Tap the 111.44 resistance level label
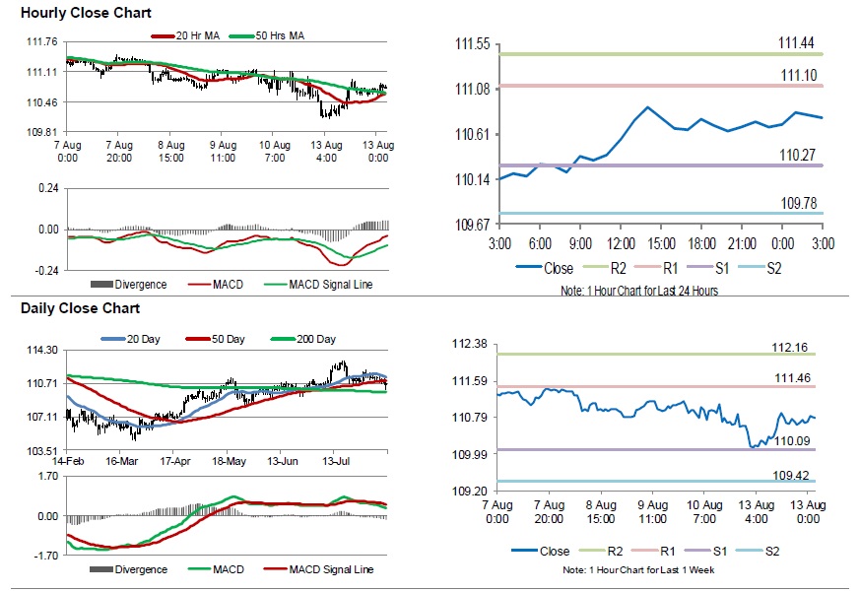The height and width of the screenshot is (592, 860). click(x=796, y=43)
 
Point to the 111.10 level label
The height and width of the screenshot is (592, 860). click(x=796, y=76)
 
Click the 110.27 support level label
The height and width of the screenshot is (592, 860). click(x=796, y=155)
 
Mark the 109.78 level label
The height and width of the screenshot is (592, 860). click(x=796, y=203)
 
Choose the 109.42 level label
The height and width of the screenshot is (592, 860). click(x=791, y=475)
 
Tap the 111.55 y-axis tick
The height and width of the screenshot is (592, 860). click(x=472, y=44)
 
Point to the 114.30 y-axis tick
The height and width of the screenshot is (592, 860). click(x=40, y=350)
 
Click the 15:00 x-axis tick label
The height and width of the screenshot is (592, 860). click(x=661, y=242)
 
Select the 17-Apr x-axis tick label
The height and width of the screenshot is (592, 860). click(x=174, y=460)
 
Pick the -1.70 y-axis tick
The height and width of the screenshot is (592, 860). click(x=45, y=557)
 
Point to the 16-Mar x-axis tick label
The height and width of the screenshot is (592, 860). click(x=120, y=460)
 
